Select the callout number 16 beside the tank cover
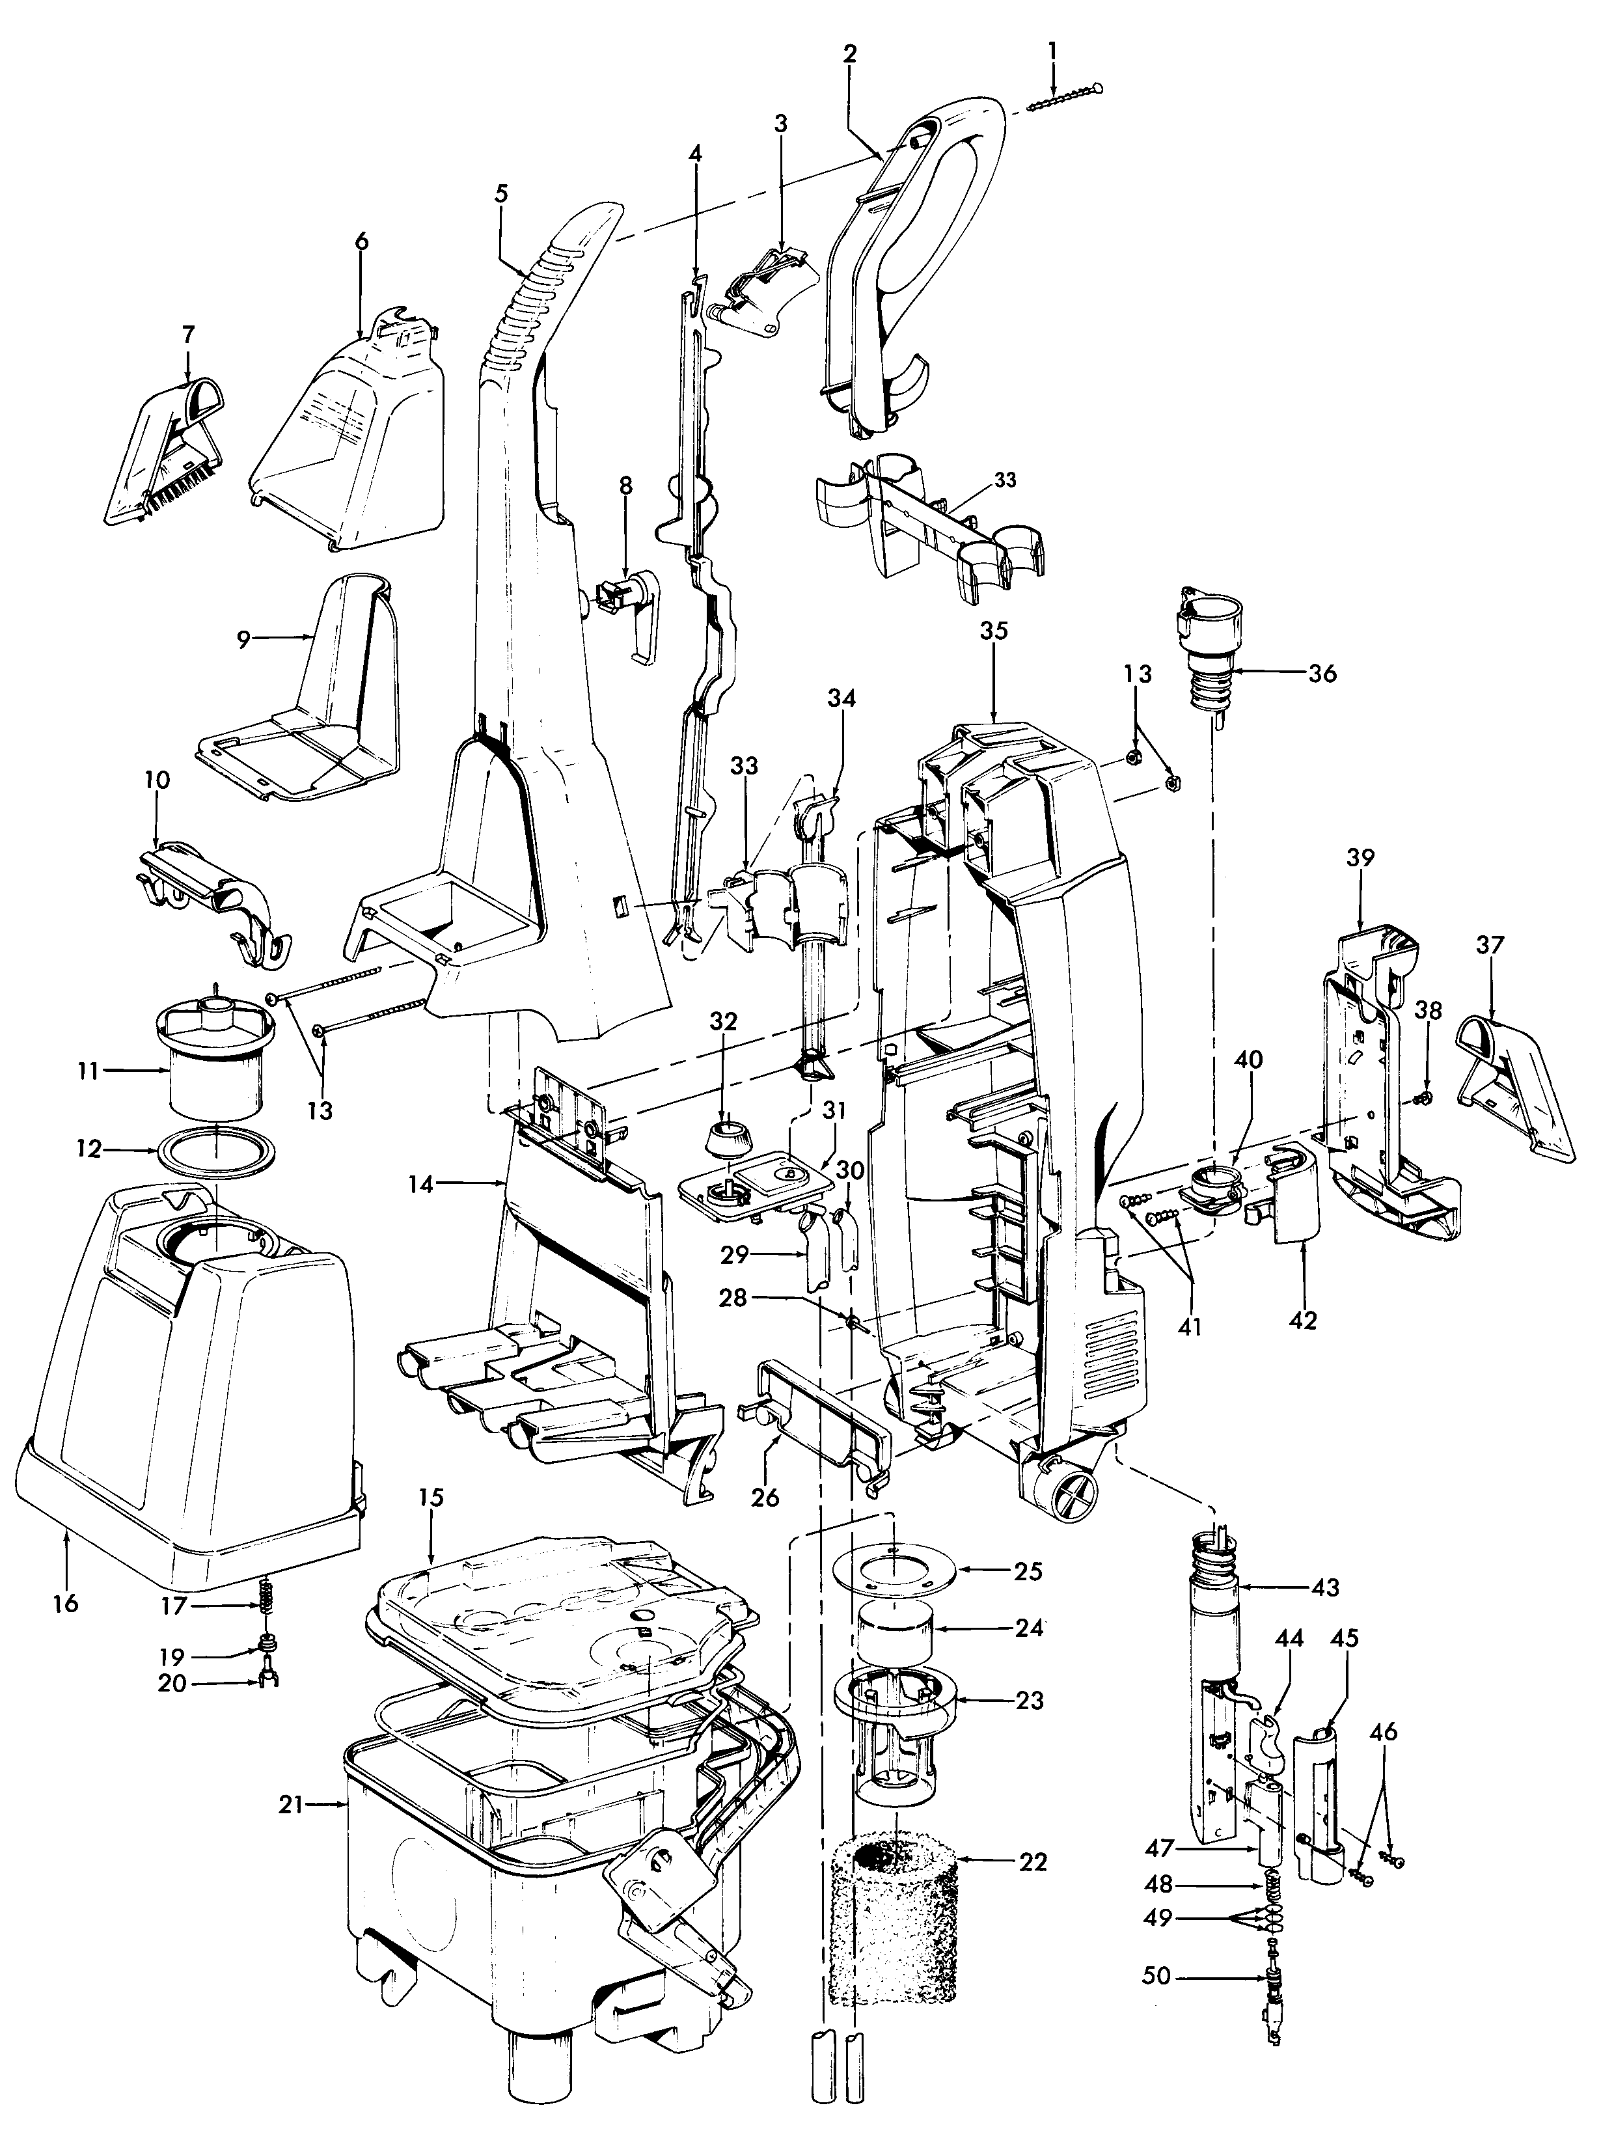click(x=65, y=1603)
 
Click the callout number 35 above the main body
click(x=993, y=630)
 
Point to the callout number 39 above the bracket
click(x=1360, y=858)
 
